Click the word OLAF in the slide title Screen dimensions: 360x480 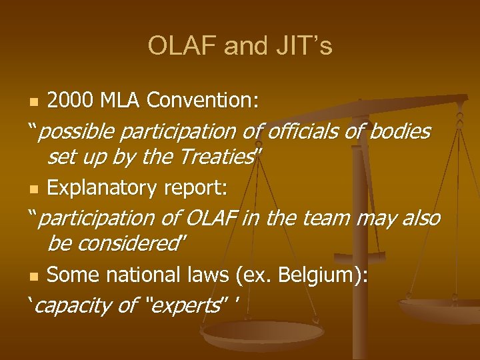pyautogui.click(x=183, y=46)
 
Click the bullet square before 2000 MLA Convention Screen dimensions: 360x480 pyautogui.click(x=35, y=102)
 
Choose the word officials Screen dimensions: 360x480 pyautogui.click(x=303, y=132)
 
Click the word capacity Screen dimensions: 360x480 pyautogui.click(x=73, y=306)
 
